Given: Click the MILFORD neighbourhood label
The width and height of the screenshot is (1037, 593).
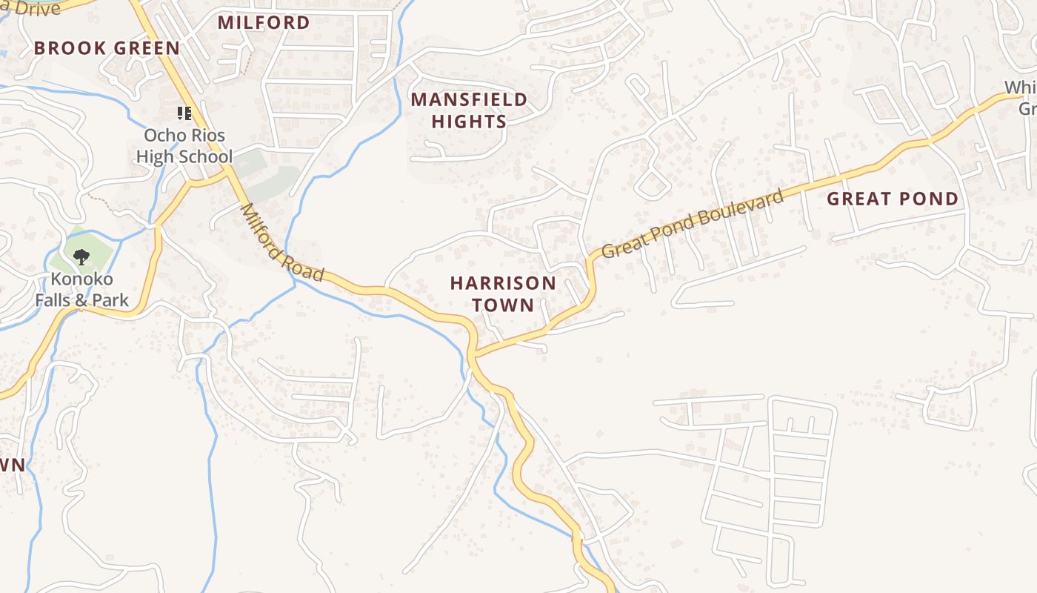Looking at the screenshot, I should (x=263, y=22).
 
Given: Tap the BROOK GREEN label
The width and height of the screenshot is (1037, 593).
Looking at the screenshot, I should (x=107, y=48).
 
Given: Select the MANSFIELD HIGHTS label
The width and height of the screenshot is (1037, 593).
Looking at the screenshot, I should (x=469, y=110).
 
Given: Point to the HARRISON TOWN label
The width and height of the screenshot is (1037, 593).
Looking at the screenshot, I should (x=503, y=294).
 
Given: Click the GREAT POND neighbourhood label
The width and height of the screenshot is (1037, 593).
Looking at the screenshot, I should (x=892, y=199).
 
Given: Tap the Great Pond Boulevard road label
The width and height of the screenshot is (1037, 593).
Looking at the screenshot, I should (x=692, y=223).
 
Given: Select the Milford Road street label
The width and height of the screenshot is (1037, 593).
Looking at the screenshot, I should (x=281, y=243).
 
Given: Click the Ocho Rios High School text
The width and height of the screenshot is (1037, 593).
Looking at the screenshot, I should (x=184, y=146).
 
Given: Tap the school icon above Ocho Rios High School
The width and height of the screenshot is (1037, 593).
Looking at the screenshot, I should (x=184, y=113).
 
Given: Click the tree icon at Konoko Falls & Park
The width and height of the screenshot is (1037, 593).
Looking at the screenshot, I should (x=81, y=257).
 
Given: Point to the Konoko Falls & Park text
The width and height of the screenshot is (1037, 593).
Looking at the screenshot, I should (x=81, y=290).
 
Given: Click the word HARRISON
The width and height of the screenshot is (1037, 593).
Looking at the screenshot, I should (x=503, y=283).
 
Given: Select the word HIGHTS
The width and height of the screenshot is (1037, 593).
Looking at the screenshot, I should (x=469, y=122).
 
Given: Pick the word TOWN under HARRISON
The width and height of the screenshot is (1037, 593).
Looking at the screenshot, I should (x=503, y=305).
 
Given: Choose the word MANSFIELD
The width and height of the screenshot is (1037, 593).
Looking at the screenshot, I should (x=469, y=99).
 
